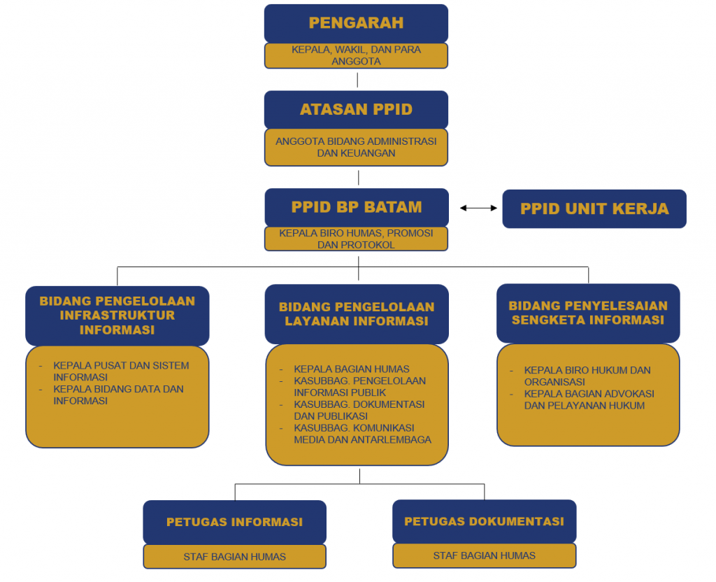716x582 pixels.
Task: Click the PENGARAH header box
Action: coord(356,23)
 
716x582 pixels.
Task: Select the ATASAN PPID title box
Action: coord(356,110)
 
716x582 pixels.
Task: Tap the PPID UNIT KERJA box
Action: coord(594,208)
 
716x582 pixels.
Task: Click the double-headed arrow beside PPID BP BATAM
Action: coord(478,208)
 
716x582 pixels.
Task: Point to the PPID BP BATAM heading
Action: coord(357,207)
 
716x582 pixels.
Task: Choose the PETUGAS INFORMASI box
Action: coord(235,522)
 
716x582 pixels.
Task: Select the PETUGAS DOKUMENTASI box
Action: coord(484,521)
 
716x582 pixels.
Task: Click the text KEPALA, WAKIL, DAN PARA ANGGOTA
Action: coord(356,55)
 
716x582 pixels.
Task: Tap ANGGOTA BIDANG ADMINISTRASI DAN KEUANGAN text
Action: coord(356,147)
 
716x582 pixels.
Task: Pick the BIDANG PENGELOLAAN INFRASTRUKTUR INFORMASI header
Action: coord(117,315)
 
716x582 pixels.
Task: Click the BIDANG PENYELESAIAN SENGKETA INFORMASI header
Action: coord(588,313)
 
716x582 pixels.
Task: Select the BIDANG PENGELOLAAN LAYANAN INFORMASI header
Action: coord(357,314)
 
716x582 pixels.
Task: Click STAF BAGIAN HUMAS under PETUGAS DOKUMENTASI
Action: coord(484,555)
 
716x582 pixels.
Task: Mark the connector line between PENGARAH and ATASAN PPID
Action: coord(357,80)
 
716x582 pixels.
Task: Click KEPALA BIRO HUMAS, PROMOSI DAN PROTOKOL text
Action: coord(356,239)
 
